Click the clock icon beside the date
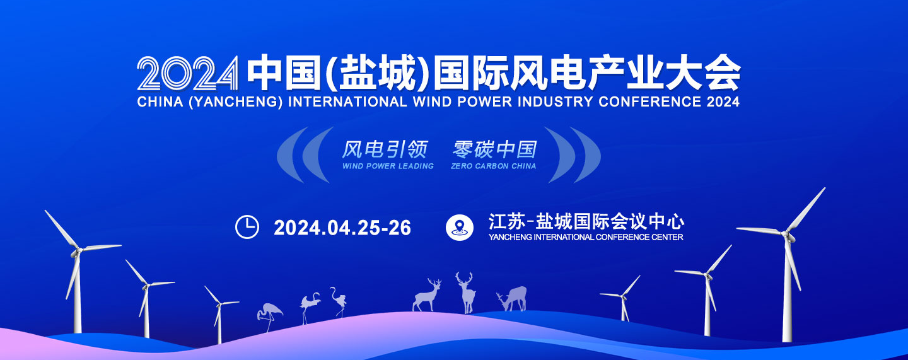click(x=247, y=227)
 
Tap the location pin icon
click(x=459, y=228)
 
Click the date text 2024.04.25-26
click(x=342, y=228)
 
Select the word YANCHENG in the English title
click(x=236, y=102)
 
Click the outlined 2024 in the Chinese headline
click(x=188, y=73)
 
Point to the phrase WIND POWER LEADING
click(x=388, y=166)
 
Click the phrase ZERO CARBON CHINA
click(x=493, y=166)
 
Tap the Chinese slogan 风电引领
click(x=385, y=149)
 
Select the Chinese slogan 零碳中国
click(x=495, y=149)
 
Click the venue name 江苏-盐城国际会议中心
click(x=586, y=221)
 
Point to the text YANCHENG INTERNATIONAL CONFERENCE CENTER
click(x=586, y=237)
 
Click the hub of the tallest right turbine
click(x=786, y=235)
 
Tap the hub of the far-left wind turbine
click(x=76, y=252)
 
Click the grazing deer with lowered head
click(x=512, y=298)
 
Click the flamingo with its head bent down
click(x=270, y=317)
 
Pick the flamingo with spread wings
click(x=310, y=307)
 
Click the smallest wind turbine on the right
click(x=622, y=298)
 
